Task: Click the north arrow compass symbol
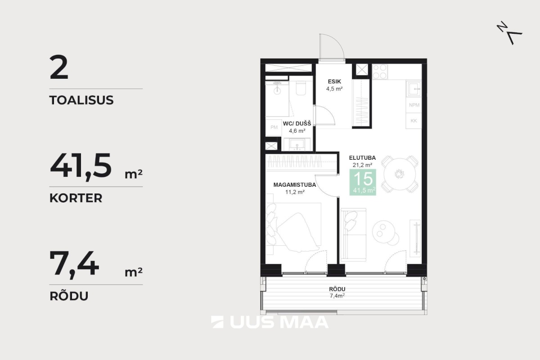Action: click(509, 32)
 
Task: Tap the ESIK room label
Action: click(334, 81)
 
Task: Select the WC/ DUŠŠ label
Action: click(297, 123)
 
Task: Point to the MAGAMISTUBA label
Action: click(295, 185)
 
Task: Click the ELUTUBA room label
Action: click(362, 157)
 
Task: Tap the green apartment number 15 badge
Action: click(363, 182)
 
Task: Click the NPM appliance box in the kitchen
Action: click(414, 105)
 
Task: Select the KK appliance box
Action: click(414, 121)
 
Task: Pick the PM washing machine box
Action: click(274, 127)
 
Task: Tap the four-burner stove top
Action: click(380, 72)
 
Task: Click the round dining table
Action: click(400, 174)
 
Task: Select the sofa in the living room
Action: click(353, 235)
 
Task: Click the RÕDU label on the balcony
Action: click(337, 289)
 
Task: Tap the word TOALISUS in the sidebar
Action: click(81, 100)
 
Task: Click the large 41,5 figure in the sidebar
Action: click(81, 166)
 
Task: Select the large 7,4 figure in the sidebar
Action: click(74, 264)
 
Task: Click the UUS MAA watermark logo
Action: click(270, 322)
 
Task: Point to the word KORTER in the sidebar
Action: click(76, 198)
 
